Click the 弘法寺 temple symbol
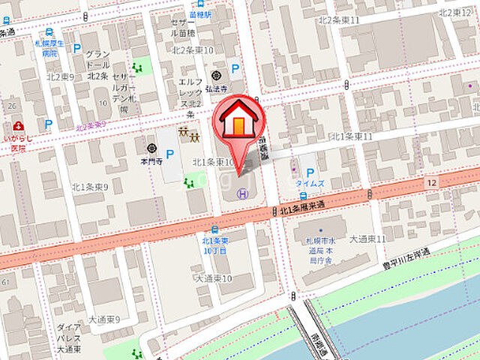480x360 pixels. pyautogui.click(x=217, y=75)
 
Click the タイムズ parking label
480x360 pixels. pyautogui.click(x=309, y=184)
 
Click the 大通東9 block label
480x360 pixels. pyautogui.click(x=104, y=319)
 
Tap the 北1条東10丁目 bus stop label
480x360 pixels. pyautogui.click(x=215, y=245)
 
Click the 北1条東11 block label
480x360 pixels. pyautogui.click(x=352, y=136)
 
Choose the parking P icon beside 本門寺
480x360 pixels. pyautogui.click(x=170, y=155)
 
